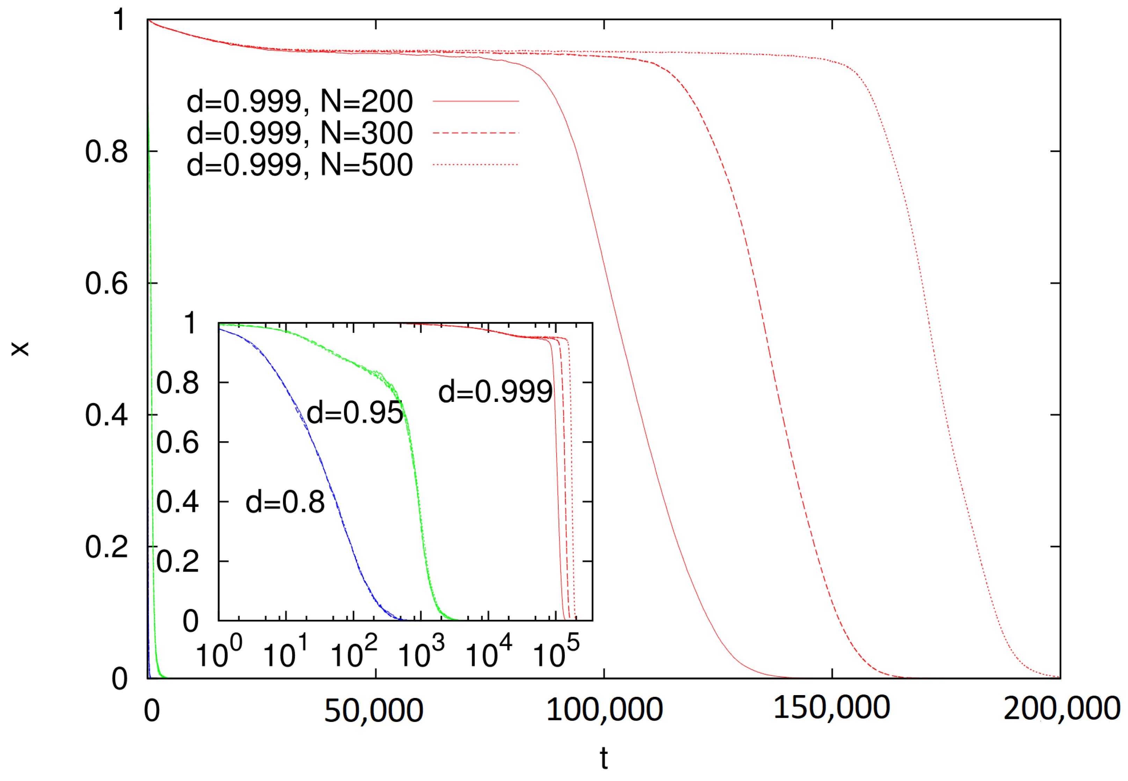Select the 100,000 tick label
604,709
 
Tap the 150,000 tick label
831,708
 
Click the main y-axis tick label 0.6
106,283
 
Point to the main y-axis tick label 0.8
106,152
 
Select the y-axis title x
21,349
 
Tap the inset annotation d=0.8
285,502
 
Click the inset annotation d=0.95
355,413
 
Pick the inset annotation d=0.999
495,392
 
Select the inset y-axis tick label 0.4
177,502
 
